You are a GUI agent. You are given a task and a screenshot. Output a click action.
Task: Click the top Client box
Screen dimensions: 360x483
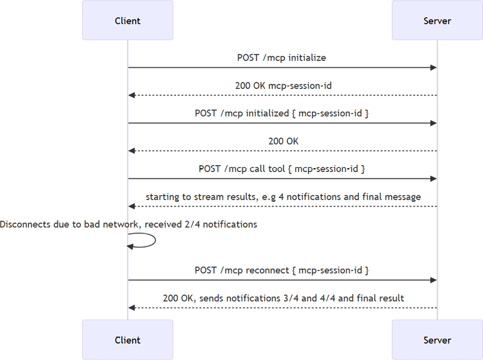click(128, 20)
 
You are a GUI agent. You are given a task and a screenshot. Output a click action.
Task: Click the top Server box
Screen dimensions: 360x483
click(437, 20)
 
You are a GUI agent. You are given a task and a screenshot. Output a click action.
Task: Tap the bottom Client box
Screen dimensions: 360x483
click(128, 340)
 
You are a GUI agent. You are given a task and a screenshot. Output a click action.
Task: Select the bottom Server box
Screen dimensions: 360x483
click(437, 340)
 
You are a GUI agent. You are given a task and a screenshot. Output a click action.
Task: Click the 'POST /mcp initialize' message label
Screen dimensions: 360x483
click(282, 57)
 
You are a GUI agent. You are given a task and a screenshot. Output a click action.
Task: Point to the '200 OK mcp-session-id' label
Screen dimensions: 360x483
click(283, 85)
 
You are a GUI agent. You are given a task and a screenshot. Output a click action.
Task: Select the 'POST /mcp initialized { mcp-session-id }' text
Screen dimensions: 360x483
click(282, 113)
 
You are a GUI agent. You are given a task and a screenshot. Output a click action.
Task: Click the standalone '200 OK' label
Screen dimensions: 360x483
click(283, 141)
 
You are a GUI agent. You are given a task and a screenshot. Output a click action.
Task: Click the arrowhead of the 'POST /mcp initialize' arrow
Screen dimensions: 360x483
click(434, 67)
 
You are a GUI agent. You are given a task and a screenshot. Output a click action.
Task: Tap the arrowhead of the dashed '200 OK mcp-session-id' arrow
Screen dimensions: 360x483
click(132, 95)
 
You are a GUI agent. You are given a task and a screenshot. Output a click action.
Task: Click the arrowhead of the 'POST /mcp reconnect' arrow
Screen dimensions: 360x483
click(434, 280)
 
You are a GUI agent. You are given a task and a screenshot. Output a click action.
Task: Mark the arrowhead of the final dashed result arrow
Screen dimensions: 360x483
click(132, 307)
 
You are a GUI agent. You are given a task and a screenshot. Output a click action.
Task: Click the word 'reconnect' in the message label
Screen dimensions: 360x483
click(268, 270)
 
